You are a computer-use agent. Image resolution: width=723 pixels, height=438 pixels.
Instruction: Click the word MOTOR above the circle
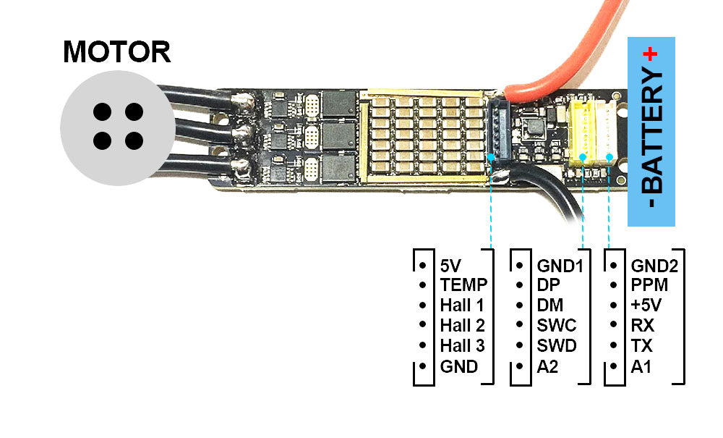click(x=117, y=52)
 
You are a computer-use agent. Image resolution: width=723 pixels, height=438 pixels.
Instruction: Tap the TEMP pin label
click(x=463, y=285)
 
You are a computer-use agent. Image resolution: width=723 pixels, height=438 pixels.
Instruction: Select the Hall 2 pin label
click(x=462, y=326)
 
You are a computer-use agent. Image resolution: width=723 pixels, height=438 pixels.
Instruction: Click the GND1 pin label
click(x=560, y=266)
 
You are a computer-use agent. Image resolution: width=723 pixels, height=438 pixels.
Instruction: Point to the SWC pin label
click(x=557, y=326)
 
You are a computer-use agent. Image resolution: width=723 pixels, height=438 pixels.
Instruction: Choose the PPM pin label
click(x=649, y=285)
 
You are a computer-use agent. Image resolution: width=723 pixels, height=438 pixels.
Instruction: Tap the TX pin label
click(x=642, y=346)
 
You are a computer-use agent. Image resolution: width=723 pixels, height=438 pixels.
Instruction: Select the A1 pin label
click(x=641, y=367)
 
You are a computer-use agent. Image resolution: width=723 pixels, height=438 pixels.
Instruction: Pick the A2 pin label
click(x=548, y=367)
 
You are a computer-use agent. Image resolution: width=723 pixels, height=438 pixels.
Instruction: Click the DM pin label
click(x=550, y=306)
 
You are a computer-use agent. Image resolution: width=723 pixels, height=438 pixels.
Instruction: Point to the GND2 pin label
click(x=654, y=266)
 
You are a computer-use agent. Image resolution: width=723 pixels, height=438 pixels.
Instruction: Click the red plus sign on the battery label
click(x=651, y=53)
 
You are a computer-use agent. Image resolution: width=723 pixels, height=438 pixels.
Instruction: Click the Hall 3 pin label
click(x=462, y=346)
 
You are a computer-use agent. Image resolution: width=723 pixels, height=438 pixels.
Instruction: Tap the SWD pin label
click(x=557, y=346)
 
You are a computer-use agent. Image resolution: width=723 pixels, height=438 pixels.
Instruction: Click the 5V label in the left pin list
click(x=450, y=266)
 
